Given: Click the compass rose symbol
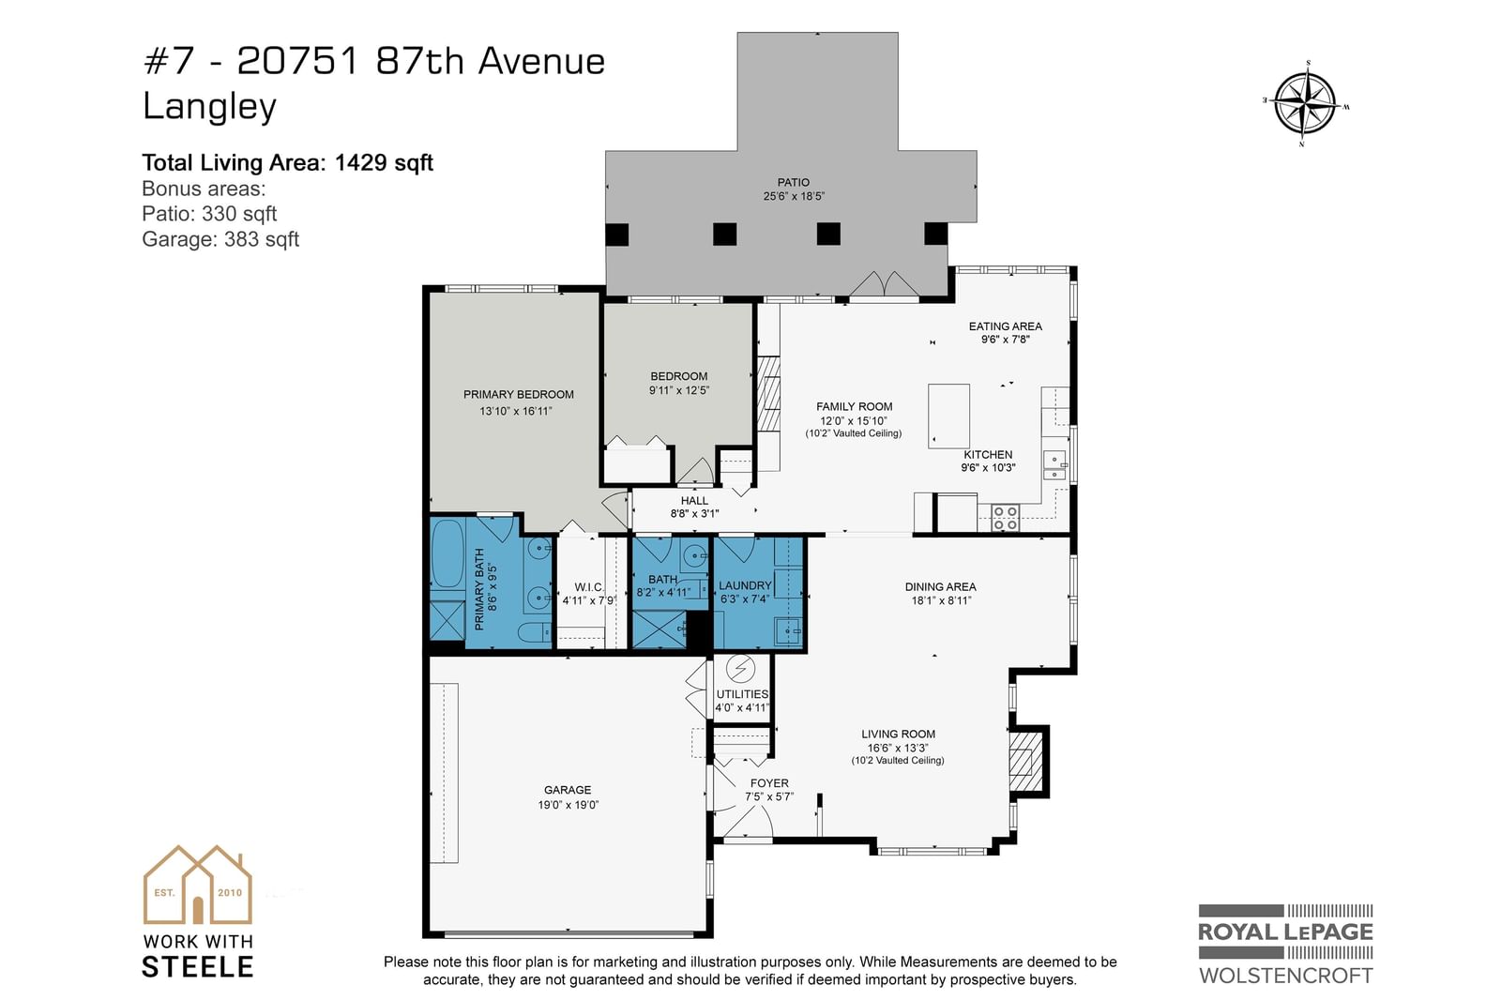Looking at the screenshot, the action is [1305, 104].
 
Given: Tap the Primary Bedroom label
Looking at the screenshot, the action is [518, 394].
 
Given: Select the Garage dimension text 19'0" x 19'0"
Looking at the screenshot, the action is [568, 804].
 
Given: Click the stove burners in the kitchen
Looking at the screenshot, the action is [1005, 518].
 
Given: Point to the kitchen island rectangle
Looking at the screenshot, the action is [948, 416].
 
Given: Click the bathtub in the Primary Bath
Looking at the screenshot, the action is [447, 554].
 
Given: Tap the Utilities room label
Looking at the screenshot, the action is [742, 693].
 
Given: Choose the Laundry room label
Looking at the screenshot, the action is [745, 585].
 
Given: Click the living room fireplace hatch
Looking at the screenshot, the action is [1026, 762].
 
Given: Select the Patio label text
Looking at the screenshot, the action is [794, 182].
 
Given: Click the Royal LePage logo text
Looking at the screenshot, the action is [1285, 932].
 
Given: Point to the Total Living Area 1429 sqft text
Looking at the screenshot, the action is [287, 163].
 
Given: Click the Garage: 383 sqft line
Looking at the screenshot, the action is [220, 238].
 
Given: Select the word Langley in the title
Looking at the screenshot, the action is [210, 107].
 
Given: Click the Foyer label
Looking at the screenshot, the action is [769, 783].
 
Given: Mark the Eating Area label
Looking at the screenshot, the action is [1005, 326].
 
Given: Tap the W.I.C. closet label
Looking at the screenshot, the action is [589, 587].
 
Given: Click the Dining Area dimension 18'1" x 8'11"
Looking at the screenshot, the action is [941, 600].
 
